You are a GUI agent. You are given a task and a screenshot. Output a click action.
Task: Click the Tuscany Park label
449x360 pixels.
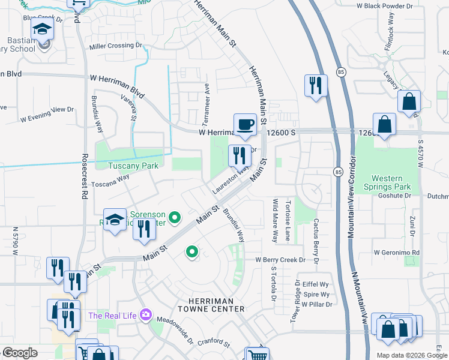click(133, 166)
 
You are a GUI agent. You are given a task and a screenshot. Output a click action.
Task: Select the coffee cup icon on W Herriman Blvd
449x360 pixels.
click(245, 124)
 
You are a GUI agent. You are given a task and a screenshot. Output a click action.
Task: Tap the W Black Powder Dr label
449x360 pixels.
click(385, 6)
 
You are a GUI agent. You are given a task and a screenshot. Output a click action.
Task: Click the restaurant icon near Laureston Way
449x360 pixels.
click(240, 156)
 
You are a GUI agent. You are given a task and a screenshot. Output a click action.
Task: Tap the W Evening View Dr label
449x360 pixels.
click(47, 114)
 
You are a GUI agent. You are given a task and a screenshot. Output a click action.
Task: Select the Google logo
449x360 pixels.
click(20, 353)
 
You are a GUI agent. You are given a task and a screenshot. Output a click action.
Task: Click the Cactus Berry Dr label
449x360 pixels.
click(315, 235)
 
